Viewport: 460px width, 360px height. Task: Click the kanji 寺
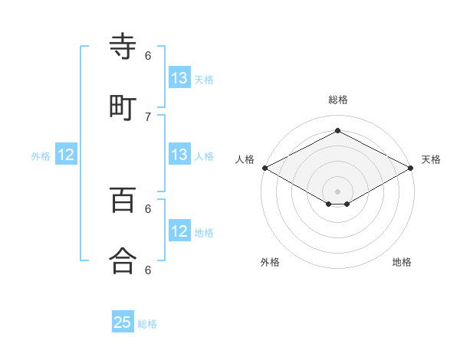pos(123,47)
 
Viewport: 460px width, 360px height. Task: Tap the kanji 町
pos(123,107)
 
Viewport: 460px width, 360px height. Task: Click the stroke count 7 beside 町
pos(148,116)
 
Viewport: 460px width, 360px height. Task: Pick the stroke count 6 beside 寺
pos(148,55)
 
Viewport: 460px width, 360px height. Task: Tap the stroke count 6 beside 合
pos(148,270)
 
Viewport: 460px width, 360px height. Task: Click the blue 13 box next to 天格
pos(179,78)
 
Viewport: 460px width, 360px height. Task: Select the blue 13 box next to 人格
pos(179,155)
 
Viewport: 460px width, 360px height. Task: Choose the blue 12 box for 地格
pos(179,231)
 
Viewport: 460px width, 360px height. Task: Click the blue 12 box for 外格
pos(66,155)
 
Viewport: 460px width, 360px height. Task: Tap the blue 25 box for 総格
pos(123,322)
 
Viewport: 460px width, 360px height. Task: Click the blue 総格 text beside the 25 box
pos(147,324)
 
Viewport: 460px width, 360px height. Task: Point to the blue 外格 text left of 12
pos(41,155)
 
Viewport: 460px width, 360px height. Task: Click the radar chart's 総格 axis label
pos(338,100)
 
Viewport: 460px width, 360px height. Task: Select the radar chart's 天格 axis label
pos(431,159)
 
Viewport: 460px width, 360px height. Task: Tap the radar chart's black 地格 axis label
pos(402,262)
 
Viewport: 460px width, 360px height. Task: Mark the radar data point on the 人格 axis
pos(264,168)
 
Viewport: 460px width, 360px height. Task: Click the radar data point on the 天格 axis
pos(412,168)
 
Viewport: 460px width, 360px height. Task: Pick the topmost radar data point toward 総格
pos(337,130)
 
